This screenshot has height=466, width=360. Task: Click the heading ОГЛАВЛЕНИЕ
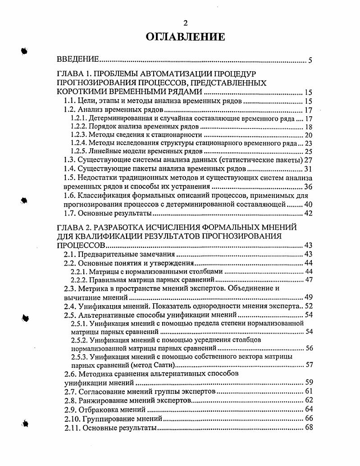click(185, 37)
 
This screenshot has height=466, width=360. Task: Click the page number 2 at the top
click(185, 23)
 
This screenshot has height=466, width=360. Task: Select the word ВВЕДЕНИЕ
click(77, 59)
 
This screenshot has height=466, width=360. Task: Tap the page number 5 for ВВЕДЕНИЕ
click(310, 60)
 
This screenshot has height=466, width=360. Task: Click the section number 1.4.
click(69, 169)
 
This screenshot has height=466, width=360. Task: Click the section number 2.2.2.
click(79, 279)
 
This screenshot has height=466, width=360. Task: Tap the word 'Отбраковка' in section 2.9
click(100, 410)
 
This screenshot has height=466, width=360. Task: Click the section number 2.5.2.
click(79, 339)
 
